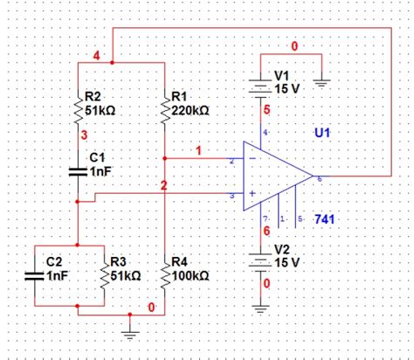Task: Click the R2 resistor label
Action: [94, 95]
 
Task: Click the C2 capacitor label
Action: [54, 260]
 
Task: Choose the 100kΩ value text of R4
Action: [191, 274]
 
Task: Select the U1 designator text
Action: [322, 133]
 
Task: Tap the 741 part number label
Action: [322, 218]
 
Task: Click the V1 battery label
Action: [281, 76]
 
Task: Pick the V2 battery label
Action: [281, 247]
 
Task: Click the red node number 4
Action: [96, 57]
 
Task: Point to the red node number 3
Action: [84, 135]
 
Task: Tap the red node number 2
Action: [163, 185]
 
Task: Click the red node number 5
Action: [266, 109]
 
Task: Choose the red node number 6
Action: [266, 231]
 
